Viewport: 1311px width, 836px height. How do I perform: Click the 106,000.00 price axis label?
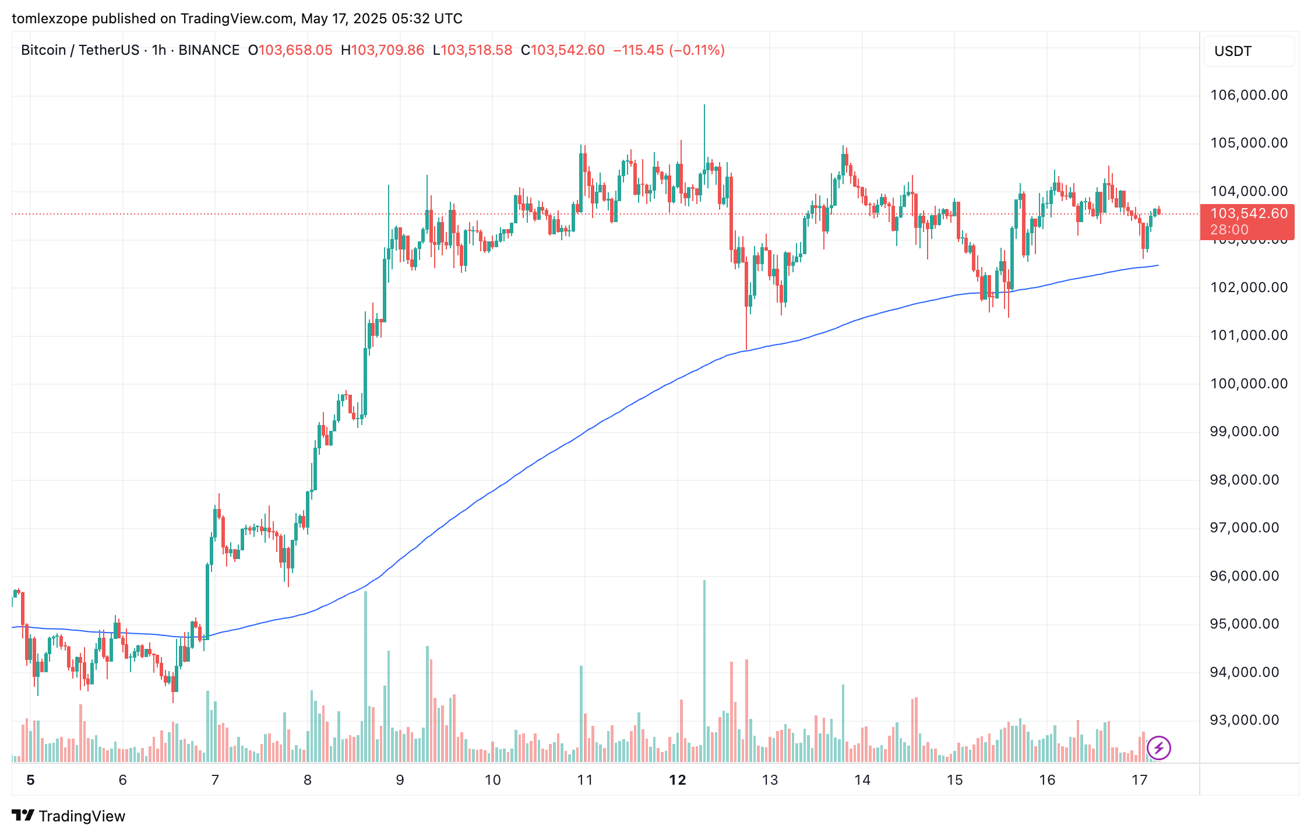(1249, 95)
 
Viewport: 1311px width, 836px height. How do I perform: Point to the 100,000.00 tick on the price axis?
(1249, 384)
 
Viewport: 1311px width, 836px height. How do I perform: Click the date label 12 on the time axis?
(677, 780)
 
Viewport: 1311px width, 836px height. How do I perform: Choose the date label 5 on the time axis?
(31, 780)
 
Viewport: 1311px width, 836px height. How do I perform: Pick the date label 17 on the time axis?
(1139, 780)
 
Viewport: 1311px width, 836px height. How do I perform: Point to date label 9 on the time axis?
(400, 780)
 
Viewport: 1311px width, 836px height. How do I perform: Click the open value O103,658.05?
(290, 50)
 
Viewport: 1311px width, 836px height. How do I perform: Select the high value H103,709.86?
(382, 50)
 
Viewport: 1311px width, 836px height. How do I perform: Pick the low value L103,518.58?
(473, 50)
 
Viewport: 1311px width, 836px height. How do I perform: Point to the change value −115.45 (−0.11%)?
(669, 50)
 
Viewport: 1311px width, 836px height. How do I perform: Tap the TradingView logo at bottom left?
(69, 816)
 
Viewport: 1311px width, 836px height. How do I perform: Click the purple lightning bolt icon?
(1158, 747)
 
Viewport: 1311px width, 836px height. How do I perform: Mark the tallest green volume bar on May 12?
(704, 670)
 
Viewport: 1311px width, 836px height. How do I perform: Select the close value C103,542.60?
(563, 50)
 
